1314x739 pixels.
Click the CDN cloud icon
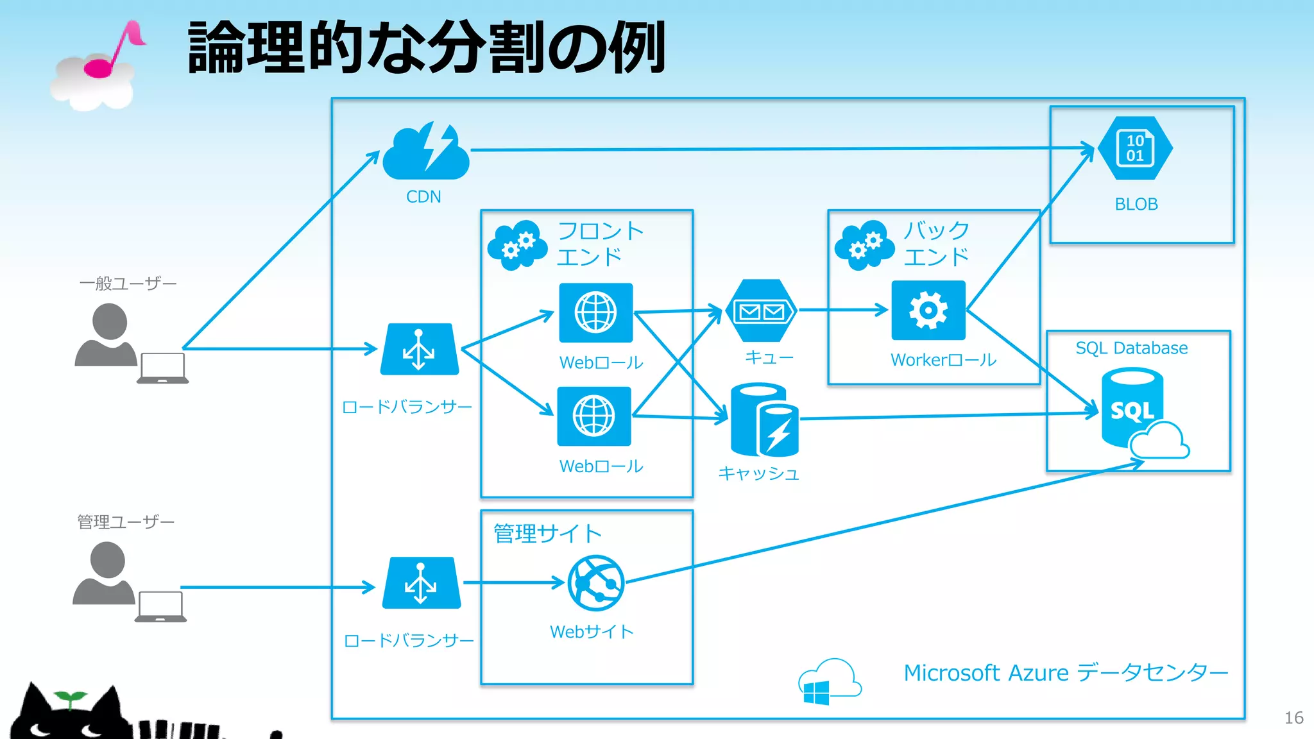426,153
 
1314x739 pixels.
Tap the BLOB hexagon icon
1135,148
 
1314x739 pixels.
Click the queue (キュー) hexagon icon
761,311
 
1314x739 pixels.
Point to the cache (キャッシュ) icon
764,420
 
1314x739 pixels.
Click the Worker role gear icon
928,310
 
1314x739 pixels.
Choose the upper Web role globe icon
595,312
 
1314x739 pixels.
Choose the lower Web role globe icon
593,416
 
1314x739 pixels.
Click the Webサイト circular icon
596,582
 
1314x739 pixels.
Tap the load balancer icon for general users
419,350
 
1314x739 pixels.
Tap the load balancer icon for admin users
421,583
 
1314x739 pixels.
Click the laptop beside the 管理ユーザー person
160,607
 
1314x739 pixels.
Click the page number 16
1293,718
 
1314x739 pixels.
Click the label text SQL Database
1131,348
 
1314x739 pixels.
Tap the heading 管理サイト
547,533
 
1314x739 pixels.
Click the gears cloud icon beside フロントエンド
518,245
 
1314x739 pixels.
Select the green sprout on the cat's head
70,698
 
